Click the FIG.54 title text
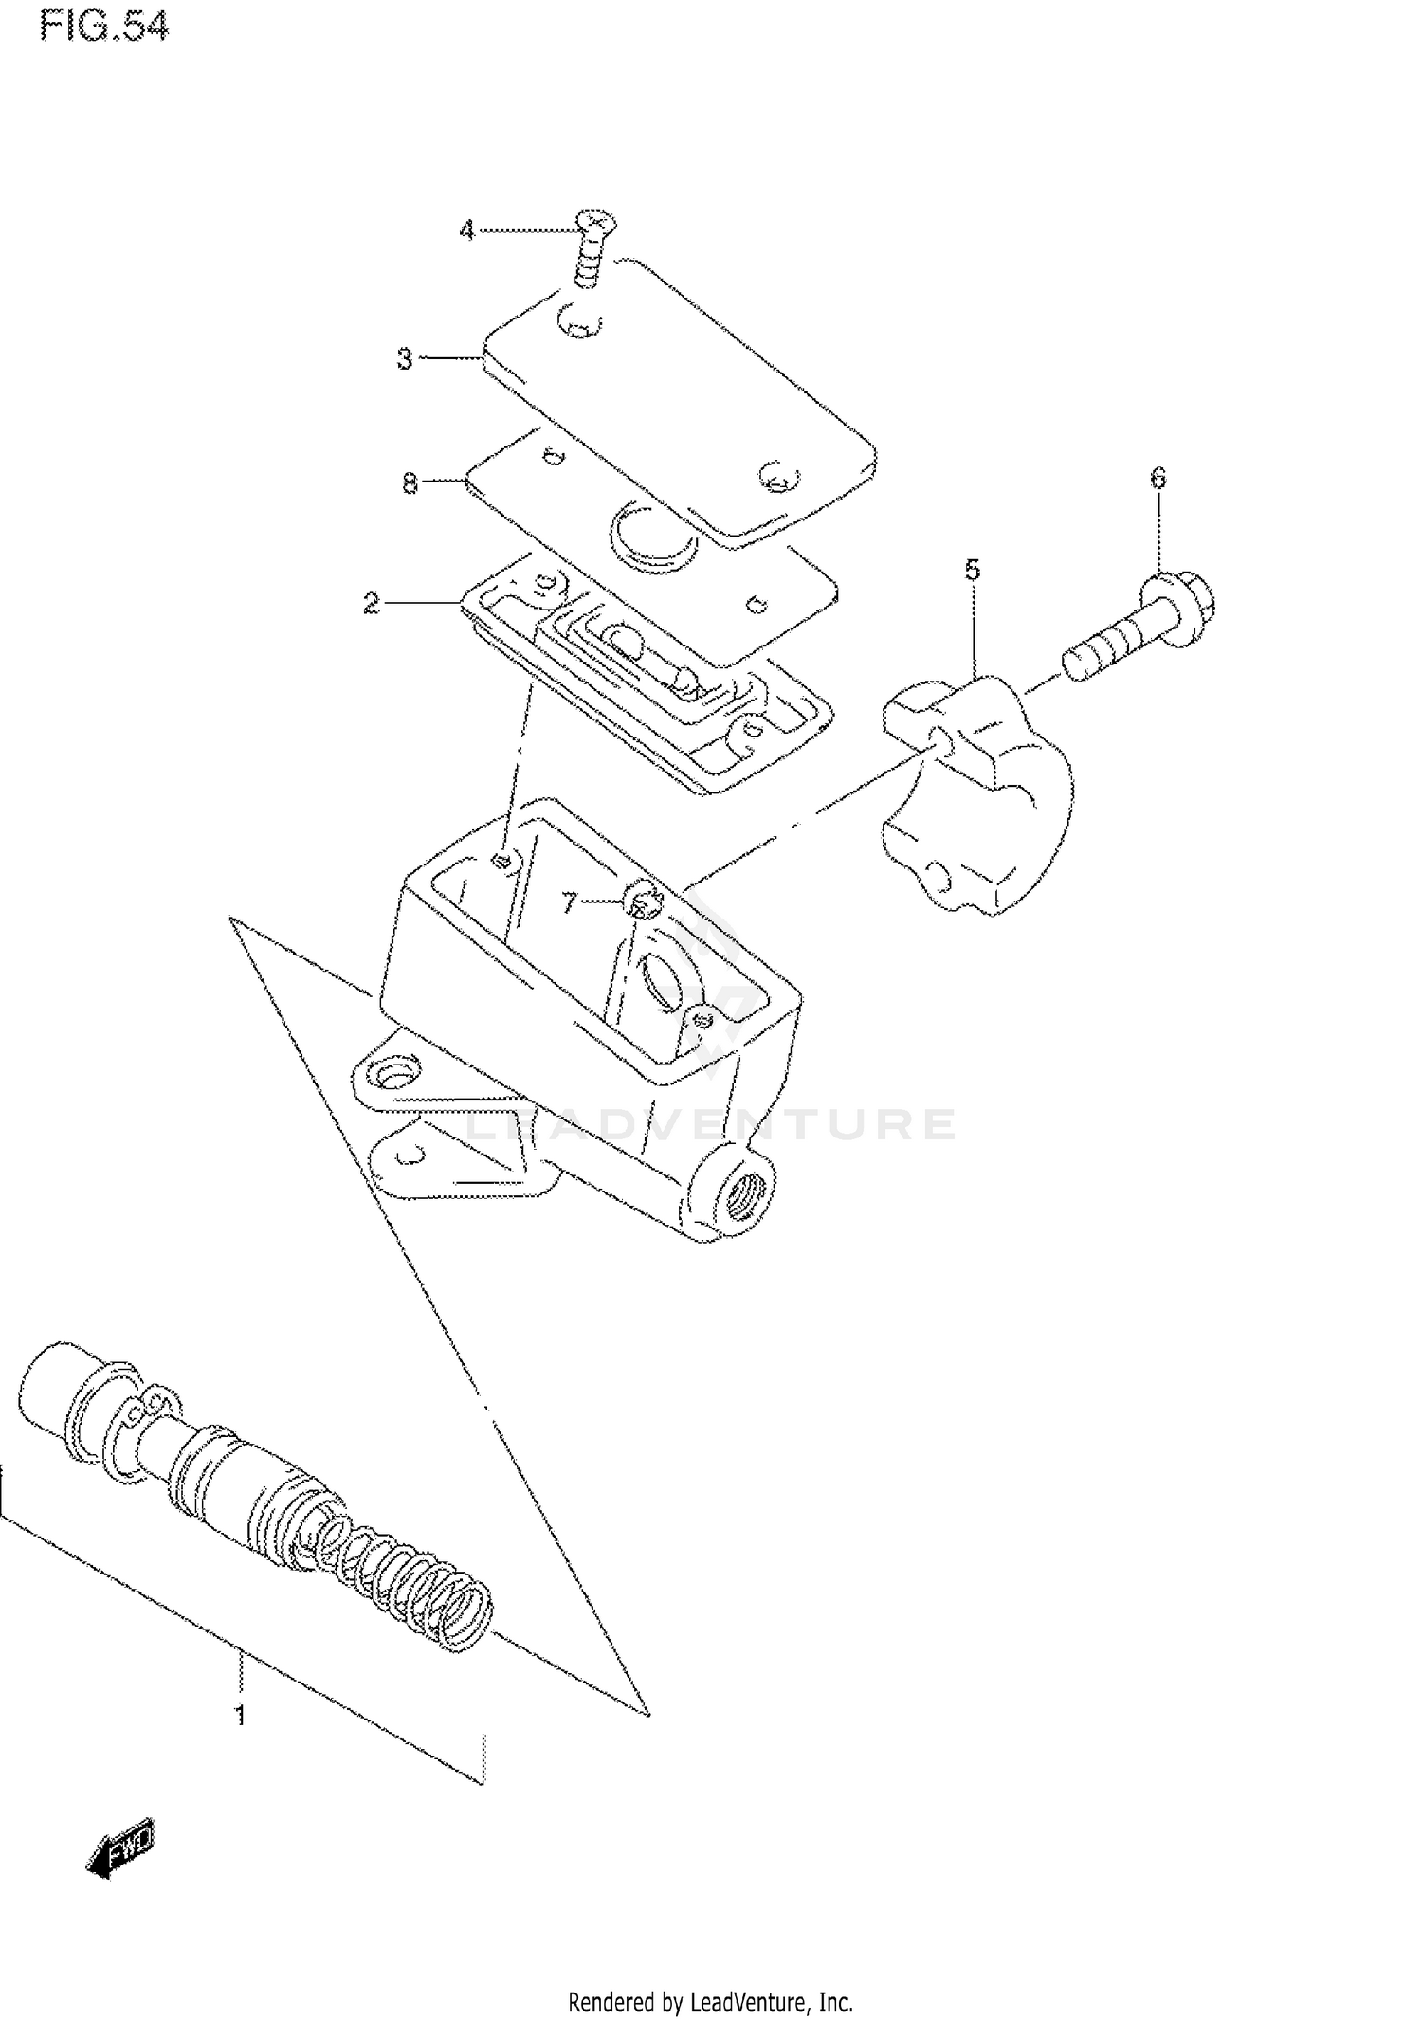pyautogui.click(x=104, y=27)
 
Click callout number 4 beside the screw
pyautogui.click(x=466, y=230)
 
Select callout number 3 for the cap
pyautogui.click(x=405, y=359)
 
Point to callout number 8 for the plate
pyautogui.click(x=410, y=483)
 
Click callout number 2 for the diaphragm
pyautogui.click(x=372, y=603)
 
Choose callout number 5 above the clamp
pyautogui.click(x=973, y=570)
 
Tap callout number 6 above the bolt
pyautogui.click(x=1158, y=479)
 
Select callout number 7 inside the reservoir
pyautogui.click(x=569, y=902)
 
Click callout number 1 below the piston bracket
pyautogui.click(x=240, y=1716)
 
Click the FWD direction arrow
pyautogui.click(x=120, y=1846)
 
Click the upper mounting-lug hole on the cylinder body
pyautogui.click(x=392, y=1074)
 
